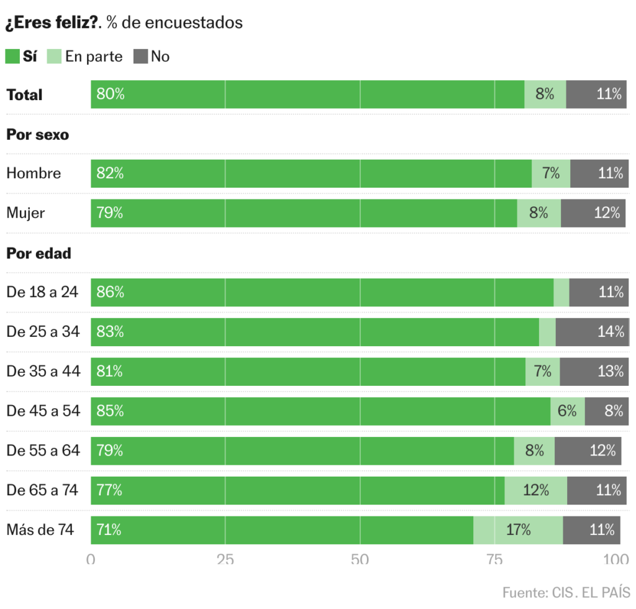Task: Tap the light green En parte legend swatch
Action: (54, 57)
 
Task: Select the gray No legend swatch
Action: (140, 57)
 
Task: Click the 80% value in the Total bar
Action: (111, 94)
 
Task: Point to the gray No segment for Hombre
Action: (597, 173)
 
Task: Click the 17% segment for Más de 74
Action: (518, 530)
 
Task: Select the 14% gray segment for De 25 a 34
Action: (592, 332)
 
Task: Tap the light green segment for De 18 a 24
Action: (561, 292)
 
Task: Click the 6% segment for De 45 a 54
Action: (567, 411)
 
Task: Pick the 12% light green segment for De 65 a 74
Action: (535, 490)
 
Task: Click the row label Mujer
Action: (25, 213)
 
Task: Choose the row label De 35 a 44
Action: (43, 372)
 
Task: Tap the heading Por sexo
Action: (37, 134)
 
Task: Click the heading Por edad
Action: (39, 254)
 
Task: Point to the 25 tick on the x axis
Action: (225, 559)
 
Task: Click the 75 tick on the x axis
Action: (494, 559)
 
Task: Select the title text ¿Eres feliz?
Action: (52, 23)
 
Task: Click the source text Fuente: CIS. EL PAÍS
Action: (566, 592)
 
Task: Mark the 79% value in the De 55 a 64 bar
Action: (110, 451)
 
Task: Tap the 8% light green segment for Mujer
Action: (538, 213)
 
